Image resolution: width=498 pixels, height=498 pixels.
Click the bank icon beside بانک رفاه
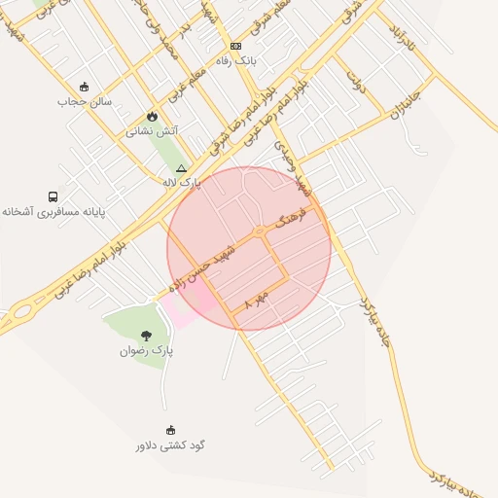coord(235,47)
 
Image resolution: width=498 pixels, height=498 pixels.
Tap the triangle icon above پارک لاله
coord(181,168)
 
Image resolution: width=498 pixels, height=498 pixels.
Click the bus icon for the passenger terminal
coord(53,196)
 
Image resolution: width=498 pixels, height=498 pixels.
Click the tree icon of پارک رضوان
coord(146,336)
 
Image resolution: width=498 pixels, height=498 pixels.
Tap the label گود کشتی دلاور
coord(170,445)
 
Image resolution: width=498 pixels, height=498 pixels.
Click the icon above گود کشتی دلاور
coord(171,430)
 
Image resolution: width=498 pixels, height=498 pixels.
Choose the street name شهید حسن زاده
coord(203,267)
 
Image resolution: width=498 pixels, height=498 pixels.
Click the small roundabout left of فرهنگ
coord(261,231)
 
